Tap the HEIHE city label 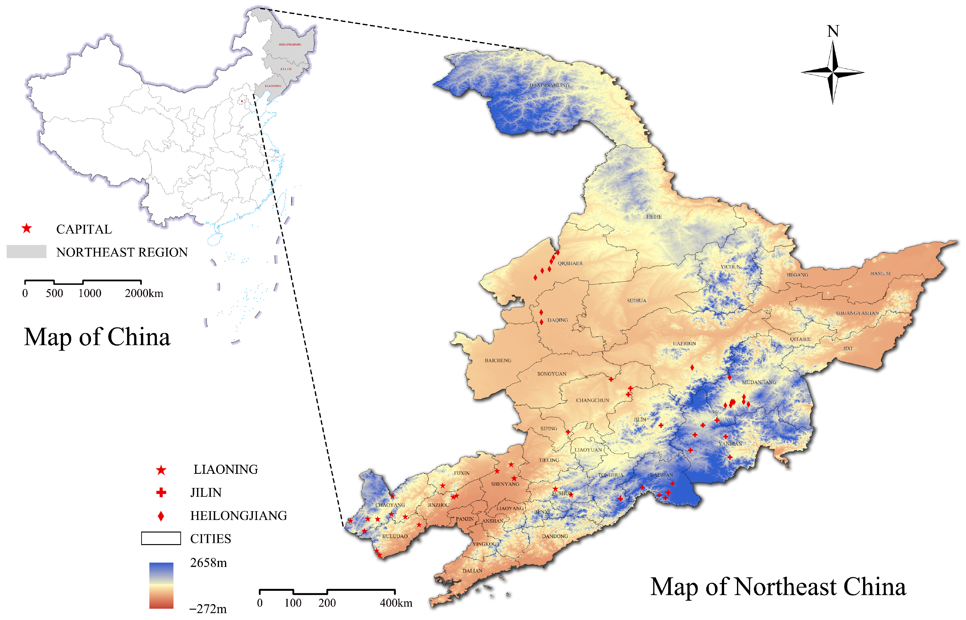point(654,217)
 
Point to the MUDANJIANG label point(759,382)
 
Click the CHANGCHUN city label point(592,400)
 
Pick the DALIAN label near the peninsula point(472,571)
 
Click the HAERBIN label point(684,343)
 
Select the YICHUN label point(730,267)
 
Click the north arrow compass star point(833,73)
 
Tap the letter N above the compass point(833,31)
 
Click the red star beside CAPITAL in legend point(27,229)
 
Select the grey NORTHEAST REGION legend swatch point(26,252)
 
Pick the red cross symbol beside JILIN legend point(161,492)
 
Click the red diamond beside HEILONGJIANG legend point(161,516)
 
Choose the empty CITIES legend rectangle point(161,538)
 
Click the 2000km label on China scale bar point(144,294)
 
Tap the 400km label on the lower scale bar point(396,603)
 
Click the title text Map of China point(97,337)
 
